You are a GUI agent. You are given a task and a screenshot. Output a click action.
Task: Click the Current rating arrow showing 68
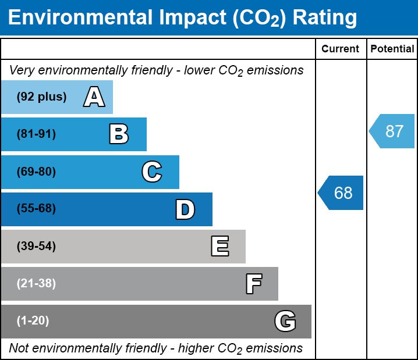pos(342,193)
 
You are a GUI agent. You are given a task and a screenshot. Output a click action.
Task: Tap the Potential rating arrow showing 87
pos(392,131)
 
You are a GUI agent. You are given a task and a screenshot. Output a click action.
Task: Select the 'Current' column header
pos(341,49)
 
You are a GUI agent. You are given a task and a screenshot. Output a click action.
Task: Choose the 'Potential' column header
pos(392,49)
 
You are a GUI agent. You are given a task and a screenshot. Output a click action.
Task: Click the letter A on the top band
pos(94,97)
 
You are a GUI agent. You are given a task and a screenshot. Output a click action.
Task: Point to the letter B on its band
pos(119,134)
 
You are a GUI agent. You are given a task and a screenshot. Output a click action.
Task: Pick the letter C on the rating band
pos(151,172)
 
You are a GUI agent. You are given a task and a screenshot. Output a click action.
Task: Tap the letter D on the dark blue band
pos(185,209)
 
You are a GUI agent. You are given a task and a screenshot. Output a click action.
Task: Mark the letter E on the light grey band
pos(219,247)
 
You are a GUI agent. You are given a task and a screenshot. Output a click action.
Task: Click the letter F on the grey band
pos(253,284)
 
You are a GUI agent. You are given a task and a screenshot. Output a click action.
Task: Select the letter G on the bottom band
pos(285,321)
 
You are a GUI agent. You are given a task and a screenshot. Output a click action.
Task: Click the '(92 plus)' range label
pos(41,97)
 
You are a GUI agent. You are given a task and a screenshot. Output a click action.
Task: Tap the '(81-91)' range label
pos(36,134)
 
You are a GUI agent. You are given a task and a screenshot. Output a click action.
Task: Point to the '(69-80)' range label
pos(36,172)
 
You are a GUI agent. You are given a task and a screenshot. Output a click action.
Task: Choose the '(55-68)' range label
pos(36,209)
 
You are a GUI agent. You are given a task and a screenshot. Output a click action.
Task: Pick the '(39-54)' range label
pos(36,246)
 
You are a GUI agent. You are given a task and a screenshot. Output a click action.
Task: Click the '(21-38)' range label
pos(36,283)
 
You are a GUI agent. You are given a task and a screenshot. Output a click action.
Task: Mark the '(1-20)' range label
pos(33,320)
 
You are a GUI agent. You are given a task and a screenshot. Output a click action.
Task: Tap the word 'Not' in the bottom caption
pos(19,348)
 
